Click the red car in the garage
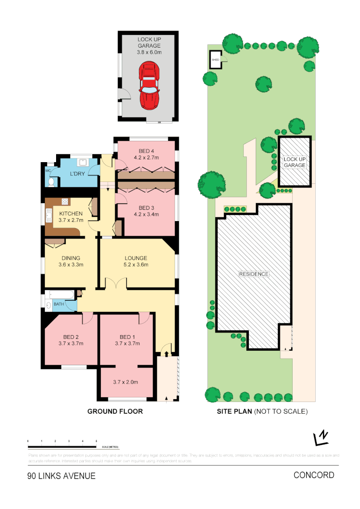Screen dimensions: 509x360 pos(149,86)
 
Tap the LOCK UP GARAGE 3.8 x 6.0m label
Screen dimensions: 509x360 pos(149,46)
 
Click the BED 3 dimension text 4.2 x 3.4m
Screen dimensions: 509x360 pos(146,214)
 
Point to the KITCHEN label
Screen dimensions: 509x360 pos(71,213)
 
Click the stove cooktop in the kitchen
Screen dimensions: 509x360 pos(65,202)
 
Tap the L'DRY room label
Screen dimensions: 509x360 pos(77,174)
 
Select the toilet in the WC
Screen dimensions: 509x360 pos(51,181)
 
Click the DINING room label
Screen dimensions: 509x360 pos(71,258)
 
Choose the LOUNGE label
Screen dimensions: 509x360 pos(136,258)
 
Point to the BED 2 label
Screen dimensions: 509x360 pos(71,337)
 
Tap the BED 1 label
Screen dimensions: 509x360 pos(127,337)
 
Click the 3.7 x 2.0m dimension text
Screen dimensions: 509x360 pos(127,382)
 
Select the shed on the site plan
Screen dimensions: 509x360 pos(215,60)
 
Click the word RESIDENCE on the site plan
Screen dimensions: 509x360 pos(254,274)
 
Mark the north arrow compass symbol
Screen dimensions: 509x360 pos(321,438)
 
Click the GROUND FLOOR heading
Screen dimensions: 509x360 pos(115,411)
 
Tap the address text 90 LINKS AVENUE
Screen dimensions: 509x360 pos(61,476)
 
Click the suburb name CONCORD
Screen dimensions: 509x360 pos(314,475)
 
